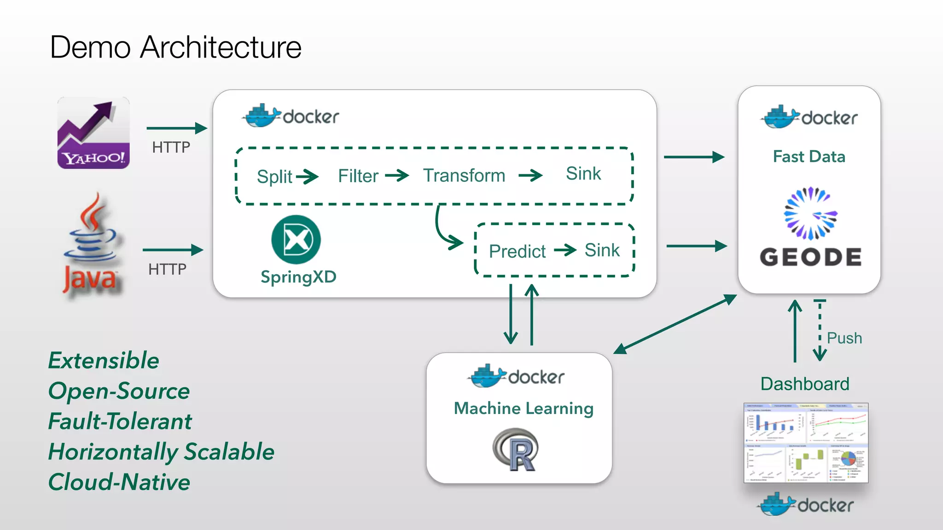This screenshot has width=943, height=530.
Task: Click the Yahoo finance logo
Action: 93,133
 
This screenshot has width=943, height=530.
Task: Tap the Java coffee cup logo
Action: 92,244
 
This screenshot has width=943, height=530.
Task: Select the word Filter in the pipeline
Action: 358,176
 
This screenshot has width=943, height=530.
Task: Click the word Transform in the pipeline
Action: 464,175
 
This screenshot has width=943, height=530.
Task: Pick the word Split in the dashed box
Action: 274,177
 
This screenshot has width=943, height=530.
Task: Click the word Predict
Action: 517,251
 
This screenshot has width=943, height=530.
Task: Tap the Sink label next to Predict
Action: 602,250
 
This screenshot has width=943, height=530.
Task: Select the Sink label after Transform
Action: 583,174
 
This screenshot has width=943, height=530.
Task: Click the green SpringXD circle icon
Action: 296,240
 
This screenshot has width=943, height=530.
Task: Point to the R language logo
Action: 516,449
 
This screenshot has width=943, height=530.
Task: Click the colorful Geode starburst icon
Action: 810,213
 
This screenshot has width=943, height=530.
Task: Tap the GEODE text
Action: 810,257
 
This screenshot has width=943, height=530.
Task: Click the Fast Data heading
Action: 809,156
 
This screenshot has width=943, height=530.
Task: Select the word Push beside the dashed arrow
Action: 844,338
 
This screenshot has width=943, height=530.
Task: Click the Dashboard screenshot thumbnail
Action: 806,443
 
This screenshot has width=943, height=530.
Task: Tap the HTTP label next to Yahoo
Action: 171,147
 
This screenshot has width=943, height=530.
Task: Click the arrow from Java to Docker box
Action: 173,250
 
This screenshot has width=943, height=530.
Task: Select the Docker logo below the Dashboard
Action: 806,505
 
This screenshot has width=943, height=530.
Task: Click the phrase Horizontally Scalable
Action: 161,451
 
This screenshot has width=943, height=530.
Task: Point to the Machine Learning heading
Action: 524,408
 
